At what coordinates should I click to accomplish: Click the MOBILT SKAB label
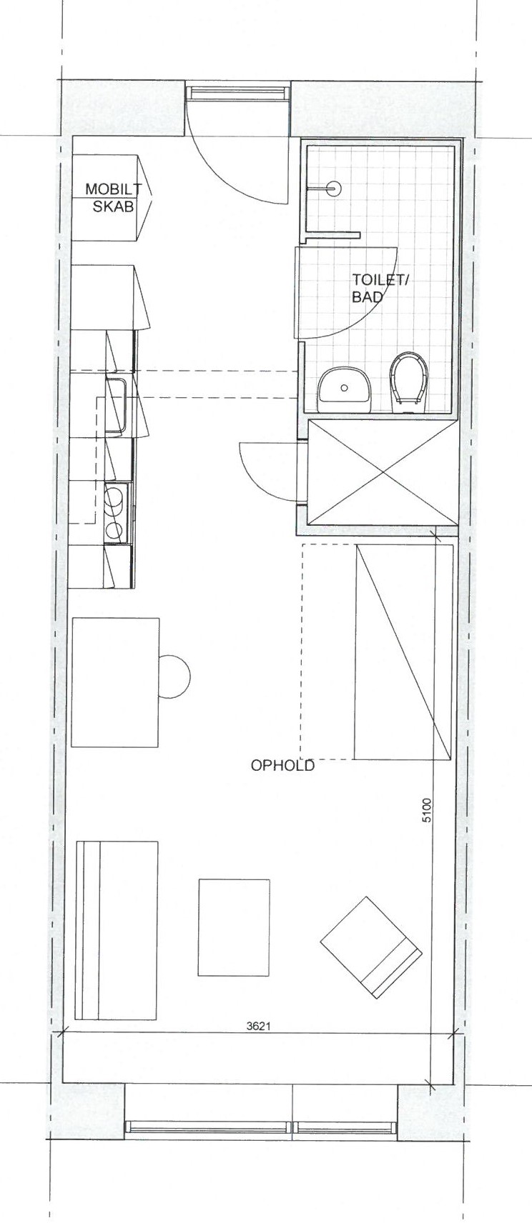tap(113, 198)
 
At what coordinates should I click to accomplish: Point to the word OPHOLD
tap(282, 765)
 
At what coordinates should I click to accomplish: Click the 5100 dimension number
tap(427, 810)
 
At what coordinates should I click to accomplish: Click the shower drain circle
tap(335, 189)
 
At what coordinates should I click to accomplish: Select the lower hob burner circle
tap(114, 529)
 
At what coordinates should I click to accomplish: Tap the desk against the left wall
tap(116, 682)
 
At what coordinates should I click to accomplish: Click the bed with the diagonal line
tap(404, 652)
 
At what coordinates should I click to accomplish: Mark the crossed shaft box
tap(382, 471)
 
